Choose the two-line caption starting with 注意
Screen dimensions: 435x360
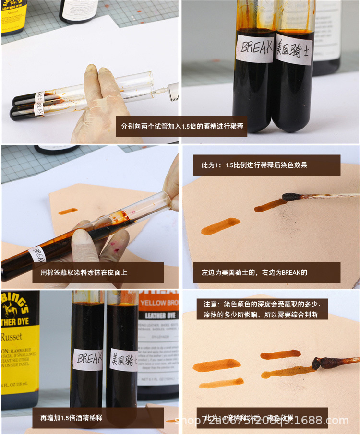click(263, 309)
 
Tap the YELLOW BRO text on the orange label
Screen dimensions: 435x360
click(159, 303)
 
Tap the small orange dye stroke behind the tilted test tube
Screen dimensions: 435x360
click(68, 211)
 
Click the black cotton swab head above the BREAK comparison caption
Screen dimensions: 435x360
click(292, 196)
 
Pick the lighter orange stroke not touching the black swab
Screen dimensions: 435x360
click(220, 226)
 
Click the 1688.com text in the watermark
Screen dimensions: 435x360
click(323, 421)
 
